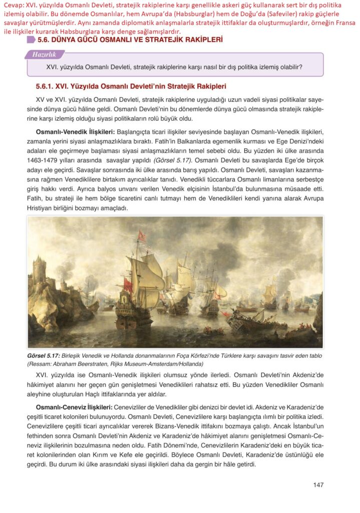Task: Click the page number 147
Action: click(x=318, y=484)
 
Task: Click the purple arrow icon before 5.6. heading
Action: click(x=32, y=39)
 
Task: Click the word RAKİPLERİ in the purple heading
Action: click(x=198, y=39)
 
